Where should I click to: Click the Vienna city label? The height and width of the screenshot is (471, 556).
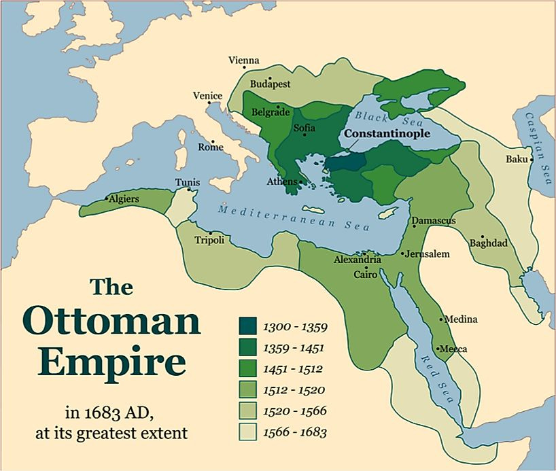pos(245,60)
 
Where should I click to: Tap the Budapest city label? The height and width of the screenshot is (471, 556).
pos(271,84)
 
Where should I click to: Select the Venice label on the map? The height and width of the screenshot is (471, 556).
pos(207,96)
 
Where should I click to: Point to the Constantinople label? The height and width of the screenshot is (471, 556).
pos(386,134)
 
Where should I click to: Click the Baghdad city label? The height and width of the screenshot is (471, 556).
pos(488,243)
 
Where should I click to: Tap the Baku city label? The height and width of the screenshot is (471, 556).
pos(517,159)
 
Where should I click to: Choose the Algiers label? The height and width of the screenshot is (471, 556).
pos(123,199)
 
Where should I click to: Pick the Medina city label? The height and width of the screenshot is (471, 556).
pos(460,319)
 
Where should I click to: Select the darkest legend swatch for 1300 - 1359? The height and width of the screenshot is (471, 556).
pos(249,327)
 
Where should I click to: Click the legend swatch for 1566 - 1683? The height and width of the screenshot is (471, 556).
pos(249,432)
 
